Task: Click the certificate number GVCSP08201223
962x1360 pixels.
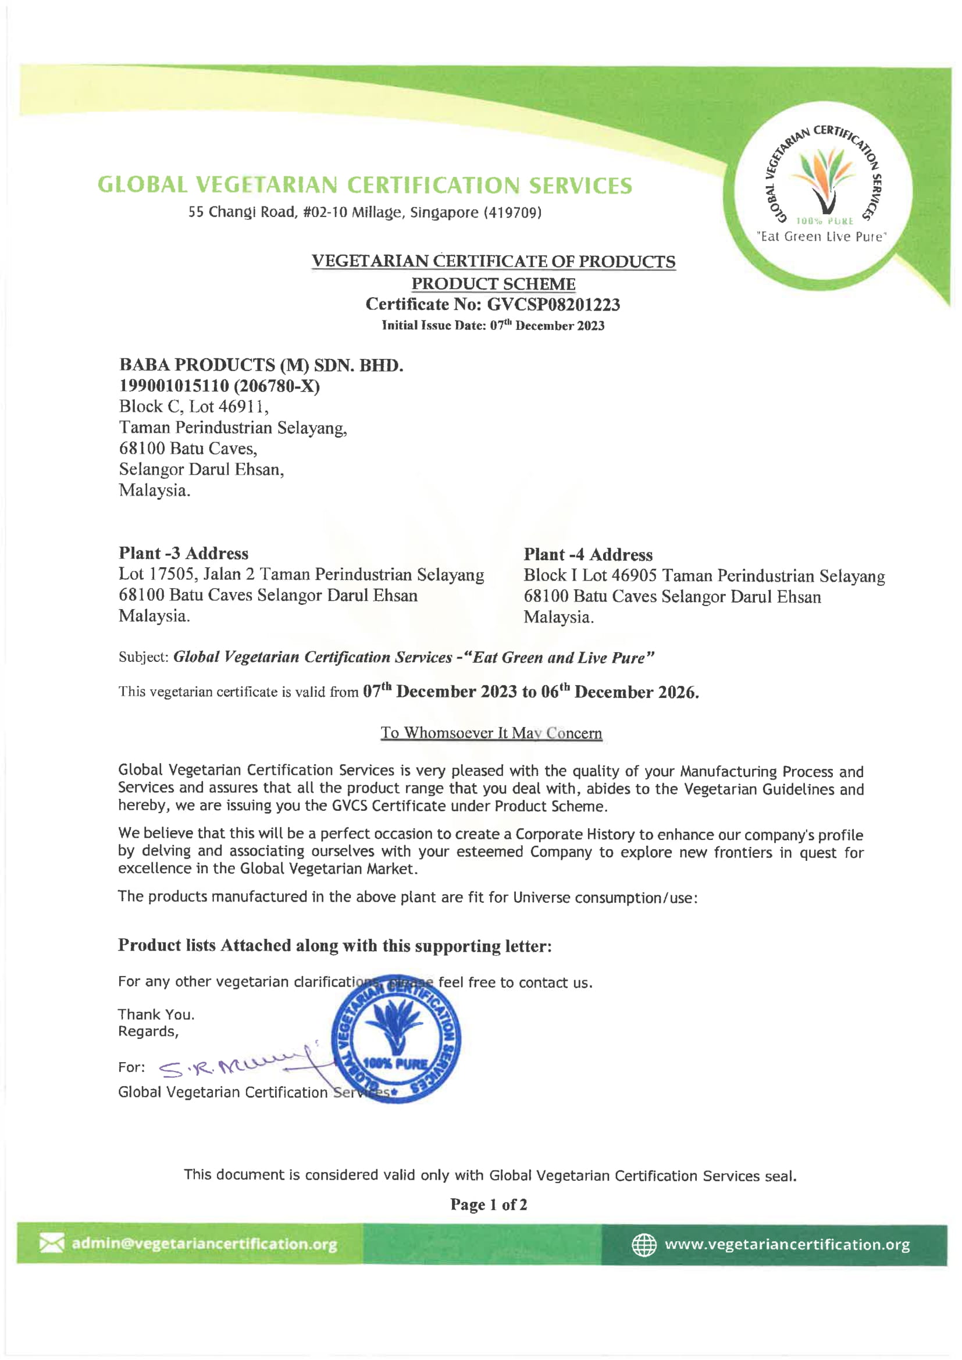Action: coord(553,304)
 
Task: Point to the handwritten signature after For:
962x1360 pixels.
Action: coord(237,1066)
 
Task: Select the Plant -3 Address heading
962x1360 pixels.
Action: coord(184,553)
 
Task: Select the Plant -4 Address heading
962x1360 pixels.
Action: coord(587,554)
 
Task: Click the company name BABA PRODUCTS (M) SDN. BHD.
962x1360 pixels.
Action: coord(261,365)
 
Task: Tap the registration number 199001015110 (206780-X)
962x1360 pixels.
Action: coord(219,386)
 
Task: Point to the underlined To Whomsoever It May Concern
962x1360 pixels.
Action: coord(491,733)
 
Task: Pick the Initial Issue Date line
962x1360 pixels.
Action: coord(493,325)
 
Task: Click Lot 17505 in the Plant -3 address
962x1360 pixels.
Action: coord(158,574)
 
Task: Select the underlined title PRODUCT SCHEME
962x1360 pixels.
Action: coord(493,284)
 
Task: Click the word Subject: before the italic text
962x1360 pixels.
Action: coord(143,657)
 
